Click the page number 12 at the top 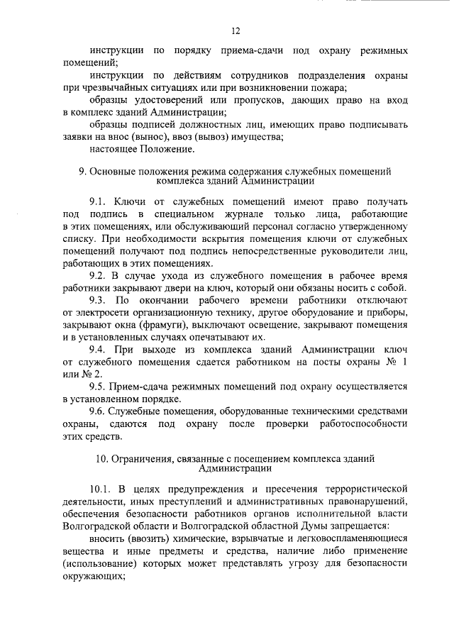236,31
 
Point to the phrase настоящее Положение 141,149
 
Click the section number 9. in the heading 82,171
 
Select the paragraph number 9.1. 99,202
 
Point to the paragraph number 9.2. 99,275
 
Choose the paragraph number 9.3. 99,299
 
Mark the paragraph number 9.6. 99,411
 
